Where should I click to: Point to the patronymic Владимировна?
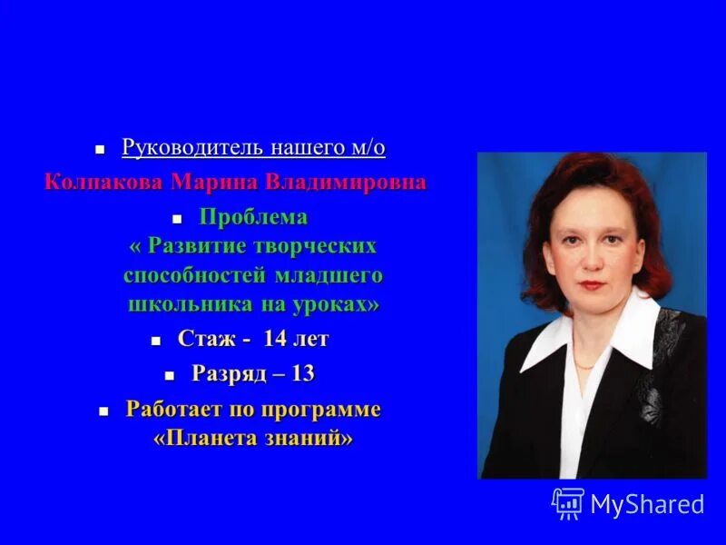[x=346, y=182]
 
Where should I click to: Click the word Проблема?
[x=253, y=217]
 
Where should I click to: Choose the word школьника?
[x=181, y=303]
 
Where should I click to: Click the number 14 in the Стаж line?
[x=275, y=340]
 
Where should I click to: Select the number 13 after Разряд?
[x=302, y=373]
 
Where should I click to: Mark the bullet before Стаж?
[x=155, y=341]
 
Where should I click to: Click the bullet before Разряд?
[x=170, y=374]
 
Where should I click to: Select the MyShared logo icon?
[x=568, y=503]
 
